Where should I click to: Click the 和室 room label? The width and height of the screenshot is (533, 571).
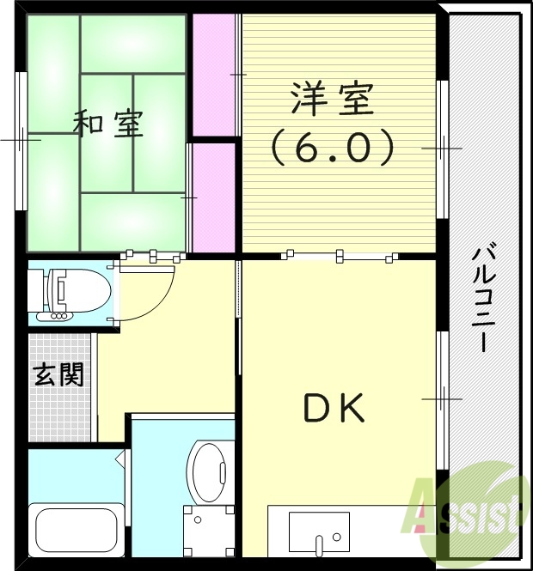[107, 125]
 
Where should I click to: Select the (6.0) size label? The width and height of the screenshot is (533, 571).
[333, 148]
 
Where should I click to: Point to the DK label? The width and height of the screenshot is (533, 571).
[334, 409]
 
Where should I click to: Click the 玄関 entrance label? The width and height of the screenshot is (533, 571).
[58, 374]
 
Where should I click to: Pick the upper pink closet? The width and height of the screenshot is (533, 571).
[212, 76]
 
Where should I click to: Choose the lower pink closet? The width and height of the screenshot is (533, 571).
[212, 197]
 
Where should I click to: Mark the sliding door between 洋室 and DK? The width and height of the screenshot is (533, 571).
[340, 255]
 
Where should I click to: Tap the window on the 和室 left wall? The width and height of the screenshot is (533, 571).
[21, 137]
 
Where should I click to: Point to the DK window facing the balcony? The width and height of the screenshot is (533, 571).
[442, 398]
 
